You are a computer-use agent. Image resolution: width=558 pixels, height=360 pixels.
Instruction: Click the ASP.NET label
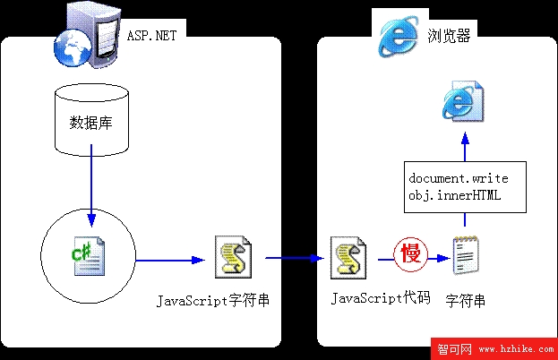tap(152, 36)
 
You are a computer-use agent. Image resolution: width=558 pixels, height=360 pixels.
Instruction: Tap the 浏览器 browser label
tap(449, 36)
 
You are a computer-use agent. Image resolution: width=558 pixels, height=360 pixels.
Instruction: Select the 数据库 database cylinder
tap(91, 120)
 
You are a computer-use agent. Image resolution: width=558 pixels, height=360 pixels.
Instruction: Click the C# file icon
tap(89, 256)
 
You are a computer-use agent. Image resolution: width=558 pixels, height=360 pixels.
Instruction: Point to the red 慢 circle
tap(411, 254)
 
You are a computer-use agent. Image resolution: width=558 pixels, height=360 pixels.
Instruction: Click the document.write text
tap(459, 178)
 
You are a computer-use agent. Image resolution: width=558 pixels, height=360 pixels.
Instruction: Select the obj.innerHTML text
tap(454, 195)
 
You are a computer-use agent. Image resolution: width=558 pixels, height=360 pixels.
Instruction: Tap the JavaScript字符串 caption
tap(213, 301)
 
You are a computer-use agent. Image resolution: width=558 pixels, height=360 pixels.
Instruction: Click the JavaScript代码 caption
tap(381, 298)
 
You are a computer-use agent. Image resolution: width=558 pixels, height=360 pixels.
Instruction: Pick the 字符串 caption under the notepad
tap(466, 301)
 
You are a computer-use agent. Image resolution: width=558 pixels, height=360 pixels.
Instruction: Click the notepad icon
tap(466, 255)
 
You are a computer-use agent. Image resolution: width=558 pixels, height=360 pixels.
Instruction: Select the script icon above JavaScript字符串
tap(233, 257)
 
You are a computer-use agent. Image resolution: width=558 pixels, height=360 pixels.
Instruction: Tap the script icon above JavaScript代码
tap(348, 258)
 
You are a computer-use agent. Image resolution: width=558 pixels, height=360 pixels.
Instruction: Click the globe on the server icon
tap(73, 47)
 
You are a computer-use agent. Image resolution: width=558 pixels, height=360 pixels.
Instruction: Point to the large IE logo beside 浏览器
tap(399, 36)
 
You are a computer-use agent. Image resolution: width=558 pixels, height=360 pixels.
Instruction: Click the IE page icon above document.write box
tap(463, 100)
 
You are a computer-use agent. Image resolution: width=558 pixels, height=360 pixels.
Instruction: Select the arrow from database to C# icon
tap(91, 185)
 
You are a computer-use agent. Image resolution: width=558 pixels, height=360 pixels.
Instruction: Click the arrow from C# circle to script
tap(170, 261)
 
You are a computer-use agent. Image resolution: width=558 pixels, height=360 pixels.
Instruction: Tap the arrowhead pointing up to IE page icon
tap(465, 138)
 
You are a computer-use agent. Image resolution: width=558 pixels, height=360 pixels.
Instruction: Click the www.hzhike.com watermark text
tap(517, 349)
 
